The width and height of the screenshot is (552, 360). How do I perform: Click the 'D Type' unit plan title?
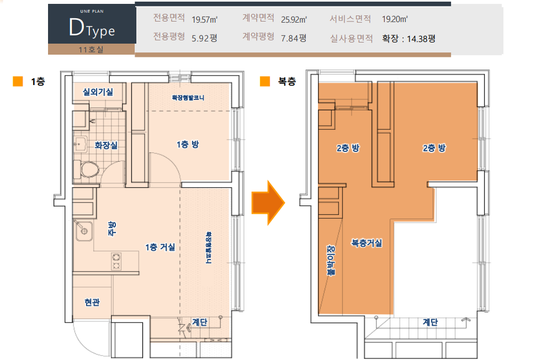coord(92,28)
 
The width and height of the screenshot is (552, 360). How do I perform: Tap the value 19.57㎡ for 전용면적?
coord(205,20)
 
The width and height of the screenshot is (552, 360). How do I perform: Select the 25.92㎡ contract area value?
coord(294,20)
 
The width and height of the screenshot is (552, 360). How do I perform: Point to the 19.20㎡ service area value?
coord(395,19)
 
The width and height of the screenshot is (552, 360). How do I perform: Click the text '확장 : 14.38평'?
coord(408,39)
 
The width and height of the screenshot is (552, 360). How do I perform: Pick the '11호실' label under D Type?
coord(91,50)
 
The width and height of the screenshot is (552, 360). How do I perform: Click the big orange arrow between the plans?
coord(268,203)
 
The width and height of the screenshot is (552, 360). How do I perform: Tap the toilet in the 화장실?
coord(87,170)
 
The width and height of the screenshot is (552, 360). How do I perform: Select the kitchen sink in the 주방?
coord(83,231)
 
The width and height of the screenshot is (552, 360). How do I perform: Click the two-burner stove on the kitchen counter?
coord(116,261)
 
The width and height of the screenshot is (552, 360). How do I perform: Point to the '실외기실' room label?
coord(98,92)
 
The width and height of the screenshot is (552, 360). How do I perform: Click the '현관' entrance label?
coord(92,302)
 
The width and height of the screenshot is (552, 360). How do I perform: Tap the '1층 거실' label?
coord(160,247)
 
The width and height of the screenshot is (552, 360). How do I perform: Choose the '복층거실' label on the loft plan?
coord(367,243)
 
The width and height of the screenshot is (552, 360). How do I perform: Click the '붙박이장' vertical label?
coord(331,261)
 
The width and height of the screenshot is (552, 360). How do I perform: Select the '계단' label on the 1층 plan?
coord(200,322)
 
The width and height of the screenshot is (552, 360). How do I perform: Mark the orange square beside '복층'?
coord(265,81)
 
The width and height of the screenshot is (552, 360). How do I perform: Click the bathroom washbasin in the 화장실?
coord(81,145)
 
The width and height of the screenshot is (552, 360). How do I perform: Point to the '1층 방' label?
coord(188,145)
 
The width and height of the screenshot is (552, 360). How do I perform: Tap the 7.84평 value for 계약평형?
coord(294,38)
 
